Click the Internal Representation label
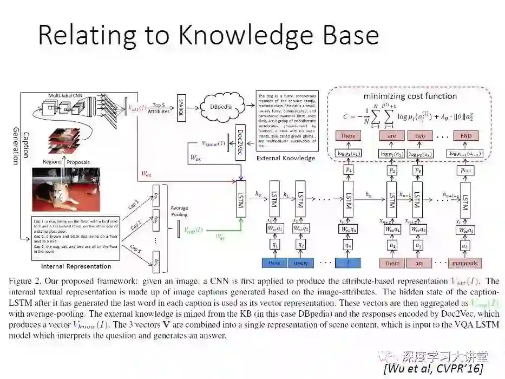[x=76, y=266]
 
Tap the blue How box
[x=274, y=263]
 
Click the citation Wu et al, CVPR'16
[x=433, y=368]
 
